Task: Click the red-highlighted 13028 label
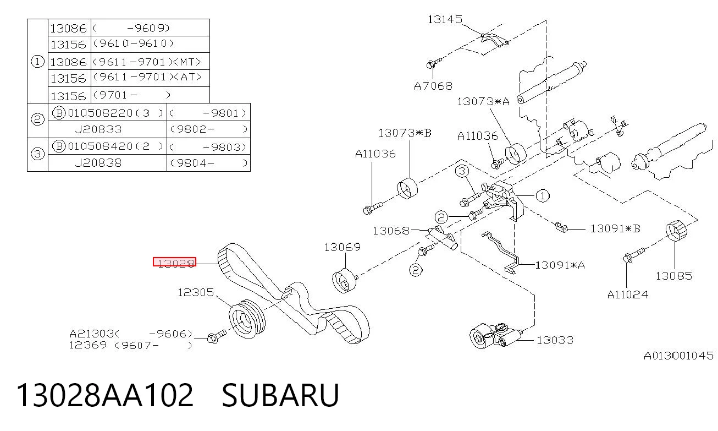[x=175, y=262]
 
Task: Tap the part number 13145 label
[x=445, y=20]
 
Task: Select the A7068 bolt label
[x=433, y=86]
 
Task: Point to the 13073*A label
[x=483, y=102]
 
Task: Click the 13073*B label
[x=405, y=133]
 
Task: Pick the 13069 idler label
[x=343, y=247]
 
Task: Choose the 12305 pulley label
[x=196, y=292]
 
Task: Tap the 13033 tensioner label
[x=555, y=340]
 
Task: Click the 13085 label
[x=674, y=276]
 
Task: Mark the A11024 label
[x=628, y=294]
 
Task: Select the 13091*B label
[x=615, y=229]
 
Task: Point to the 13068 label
[x=391, y=231]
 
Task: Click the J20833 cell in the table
[x=98, y=130]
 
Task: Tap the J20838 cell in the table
[x=98, y=163]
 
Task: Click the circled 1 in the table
[x=37, y=61]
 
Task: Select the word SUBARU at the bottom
[x=280, y=395]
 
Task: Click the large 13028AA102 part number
[x=105, y=395]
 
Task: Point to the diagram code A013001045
[x=678, y=356]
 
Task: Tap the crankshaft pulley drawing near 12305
[x=247, y=319]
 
